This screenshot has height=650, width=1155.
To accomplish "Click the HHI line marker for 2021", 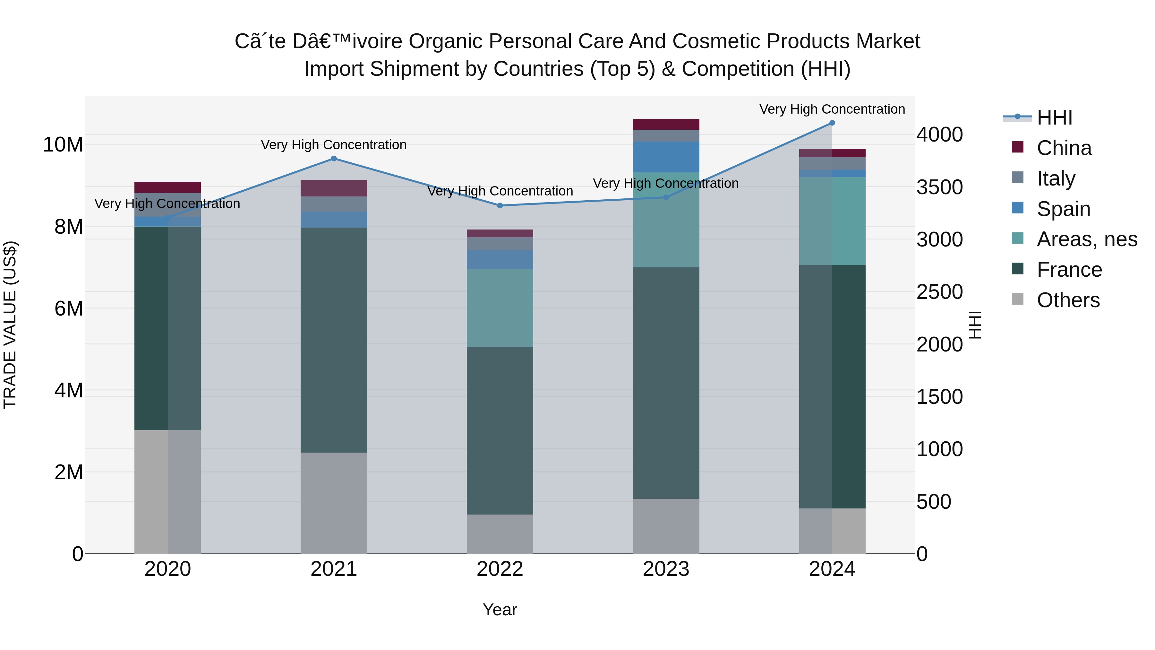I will [334, 158].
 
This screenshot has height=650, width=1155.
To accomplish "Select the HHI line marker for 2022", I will [500, 205].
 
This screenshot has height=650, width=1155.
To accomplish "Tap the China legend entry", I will [1064, 148].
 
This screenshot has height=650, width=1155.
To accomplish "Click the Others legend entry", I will [1068, 300].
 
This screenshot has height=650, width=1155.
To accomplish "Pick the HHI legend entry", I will [1054, 117].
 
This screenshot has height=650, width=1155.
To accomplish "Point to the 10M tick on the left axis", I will [63, 145].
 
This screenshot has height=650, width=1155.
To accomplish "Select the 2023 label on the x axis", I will [666, 569].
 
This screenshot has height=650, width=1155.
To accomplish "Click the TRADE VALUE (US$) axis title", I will [10, 325].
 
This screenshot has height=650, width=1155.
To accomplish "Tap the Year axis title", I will [500, 610].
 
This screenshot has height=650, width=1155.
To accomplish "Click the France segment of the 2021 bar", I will [334, 340].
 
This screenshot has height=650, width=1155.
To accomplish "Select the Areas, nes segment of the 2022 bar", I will [500, 308].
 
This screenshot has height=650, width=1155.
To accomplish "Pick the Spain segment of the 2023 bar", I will [666, 157].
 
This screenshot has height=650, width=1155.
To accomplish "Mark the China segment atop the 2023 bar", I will [666, 124].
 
